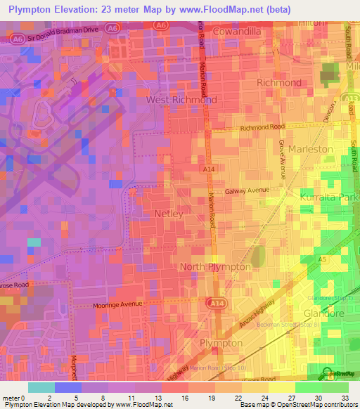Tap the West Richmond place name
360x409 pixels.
coord(181,100)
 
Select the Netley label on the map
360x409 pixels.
coord(169,213)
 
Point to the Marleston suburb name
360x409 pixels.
coord(310,149)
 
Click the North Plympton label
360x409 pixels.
coord(215,267)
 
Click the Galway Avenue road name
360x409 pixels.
coord(247,191)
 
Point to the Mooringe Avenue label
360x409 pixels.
coord(117,306)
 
